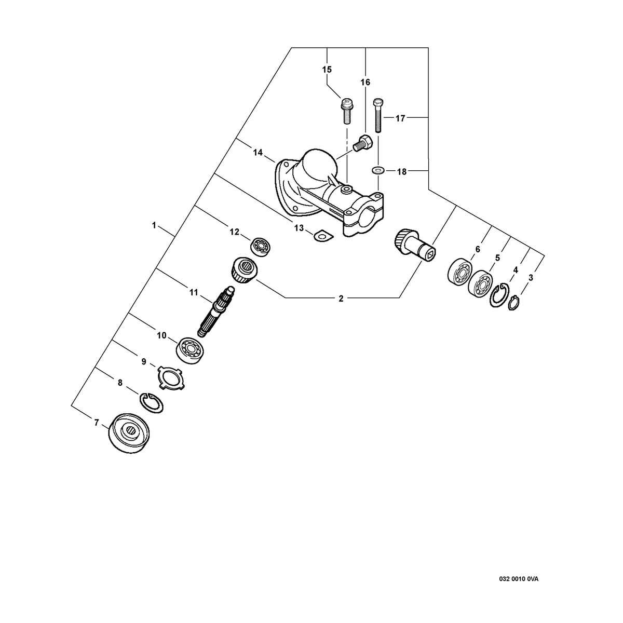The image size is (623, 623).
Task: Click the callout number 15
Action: tap(327, 70)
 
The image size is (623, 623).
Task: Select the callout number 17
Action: tap(400, 119)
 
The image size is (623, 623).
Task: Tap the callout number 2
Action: tap(341, 299)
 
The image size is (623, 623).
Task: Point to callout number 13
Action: tap(299, 228)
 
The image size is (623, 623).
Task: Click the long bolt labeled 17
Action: tap(378, 115)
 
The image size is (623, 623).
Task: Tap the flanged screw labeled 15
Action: tap(346, 111)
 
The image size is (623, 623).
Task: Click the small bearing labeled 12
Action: tap(261, 247)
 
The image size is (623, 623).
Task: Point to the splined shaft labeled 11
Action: tap(216, 311)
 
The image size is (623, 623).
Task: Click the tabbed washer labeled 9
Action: tap(171, 377)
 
